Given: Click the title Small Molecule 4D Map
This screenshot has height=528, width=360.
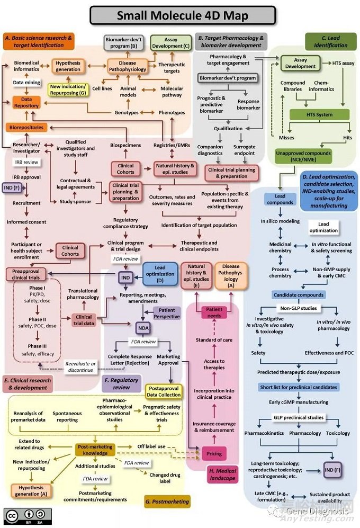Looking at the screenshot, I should pos(183,15).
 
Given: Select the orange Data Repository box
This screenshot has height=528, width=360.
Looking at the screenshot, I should pos(26,102).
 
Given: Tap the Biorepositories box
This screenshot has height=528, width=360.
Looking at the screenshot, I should pos(26,127).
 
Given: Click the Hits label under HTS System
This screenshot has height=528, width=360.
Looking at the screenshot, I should pos(347,137).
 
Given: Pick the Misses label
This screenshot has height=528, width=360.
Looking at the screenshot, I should pos(286,137).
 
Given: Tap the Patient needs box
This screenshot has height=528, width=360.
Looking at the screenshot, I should pos(214,312).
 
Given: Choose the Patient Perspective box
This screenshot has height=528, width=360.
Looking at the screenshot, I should pos(167,313).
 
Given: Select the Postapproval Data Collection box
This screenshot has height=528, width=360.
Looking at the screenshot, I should pos(165,391).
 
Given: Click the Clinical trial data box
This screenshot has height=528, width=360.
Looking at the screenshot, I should pos(84,320).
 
